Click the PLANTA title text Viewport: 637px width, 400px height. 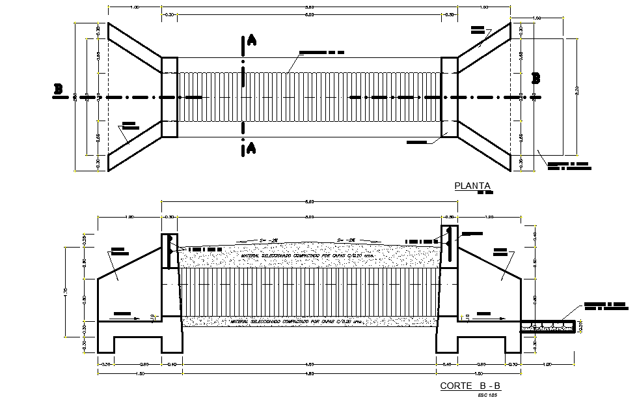pyautogui.click(x=471, y=186)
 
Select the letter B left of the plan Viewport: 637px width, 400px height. pyautogui.click(x=58, y=90)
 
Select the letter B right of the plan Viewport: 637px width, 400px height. pyautogui.click(x=536, y=78)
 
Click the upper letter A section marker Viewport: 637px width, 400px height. pyautogui.click(x=251, y=41)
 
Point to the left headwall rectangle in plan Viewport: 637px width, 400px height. pyautogui.click(x=169, y=97)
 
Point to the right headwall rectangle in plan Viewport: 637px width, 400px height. pyautogui.click(x=450, y=97)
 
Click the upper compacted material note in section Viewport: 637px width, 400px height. pyautogui.click(x=308, y=256)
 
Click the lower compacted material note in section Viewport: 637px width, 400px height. pyautogui.click(x=308, y=322)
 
